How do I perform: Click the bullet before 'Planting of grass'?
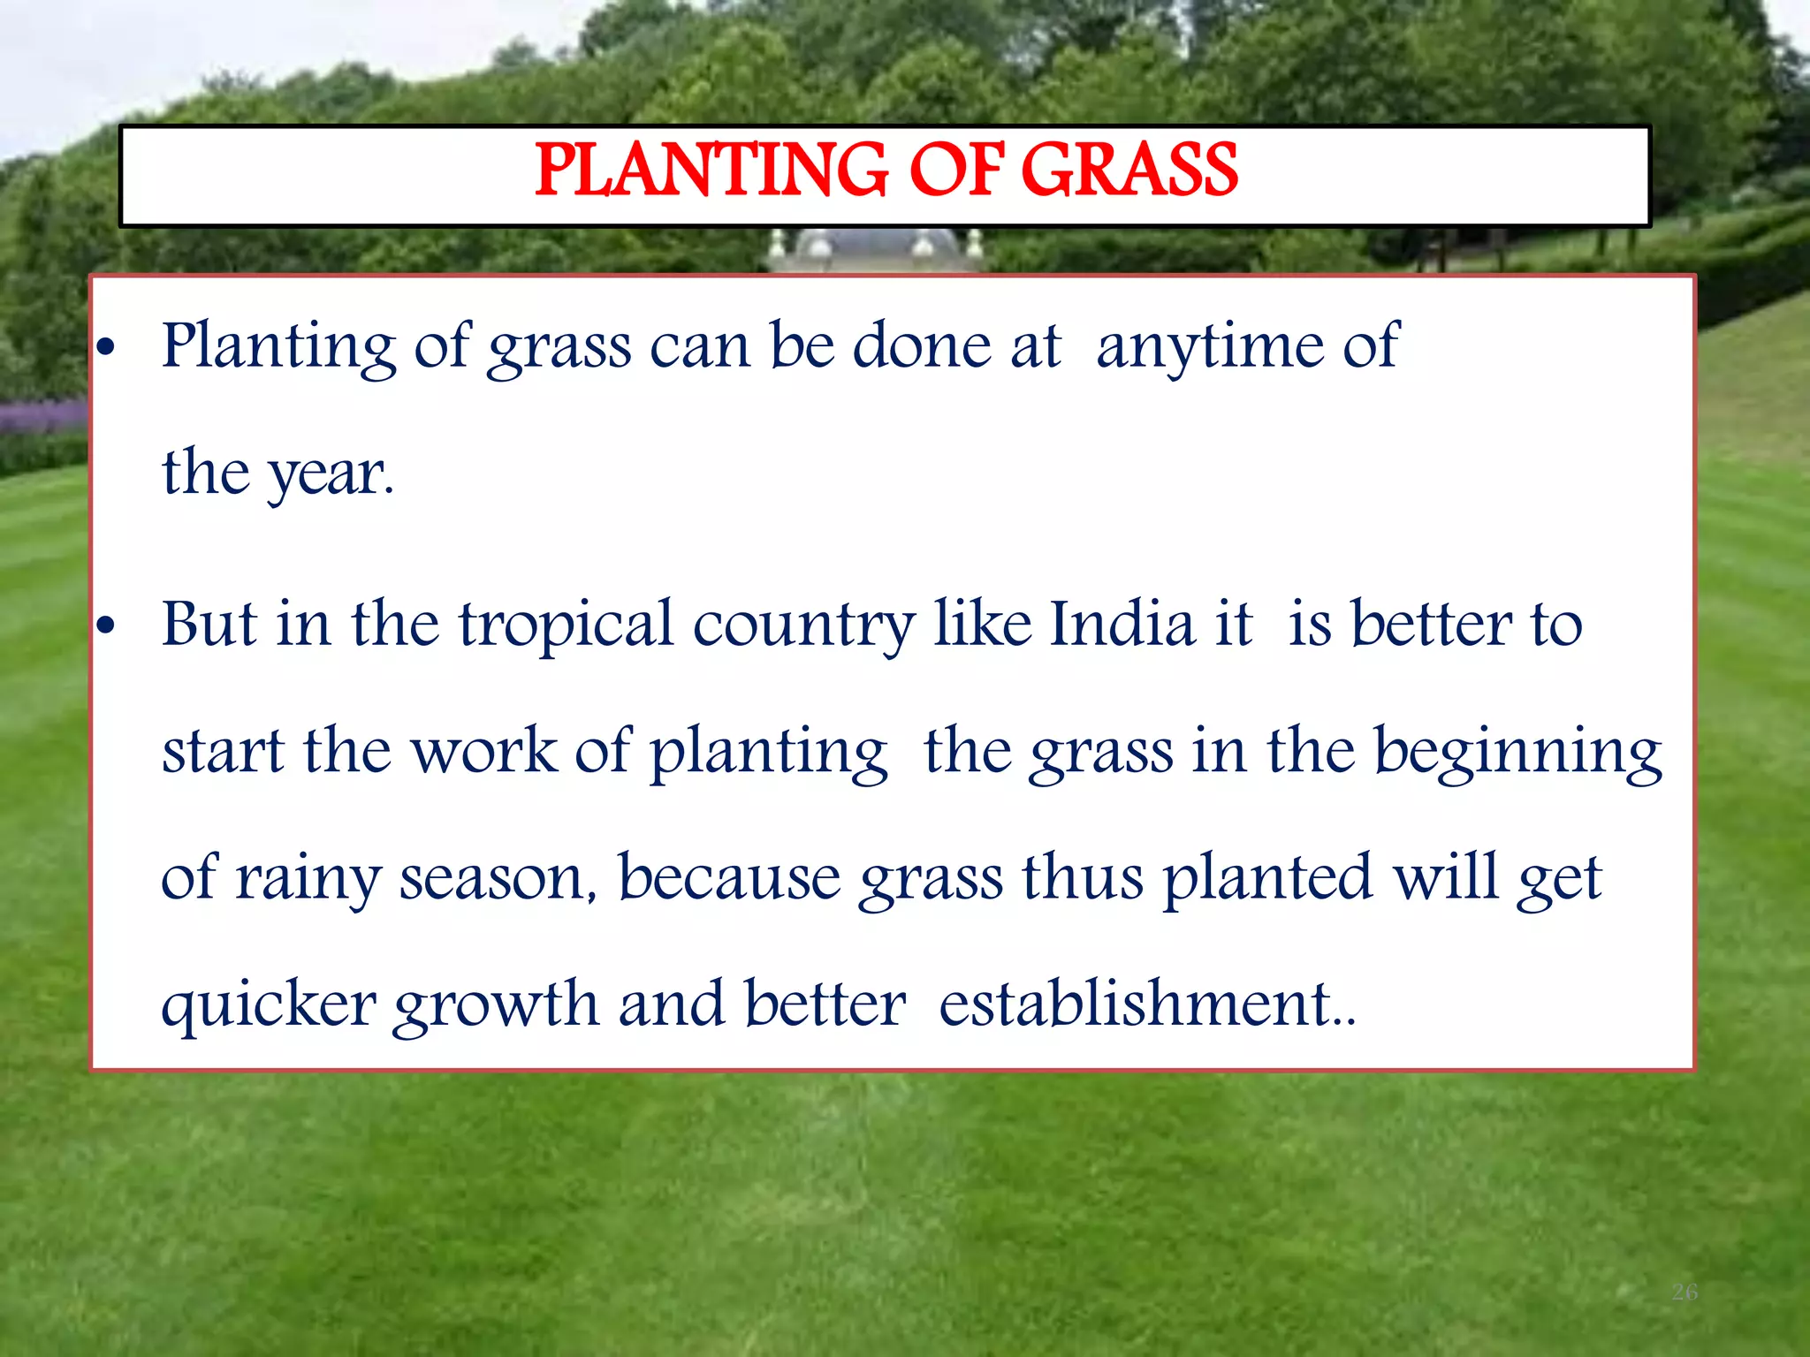click(x=106, y=349)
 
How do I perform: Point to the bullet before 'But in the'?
click(x=106, y=627)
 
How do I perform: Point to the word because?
click(x=729, y=878)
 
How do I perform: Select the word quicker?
click(x=269, y=1006)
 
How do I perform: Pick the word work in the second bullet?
click(x=484, y=752)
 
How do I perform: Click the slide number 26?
click(x=1685, y=1293)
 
